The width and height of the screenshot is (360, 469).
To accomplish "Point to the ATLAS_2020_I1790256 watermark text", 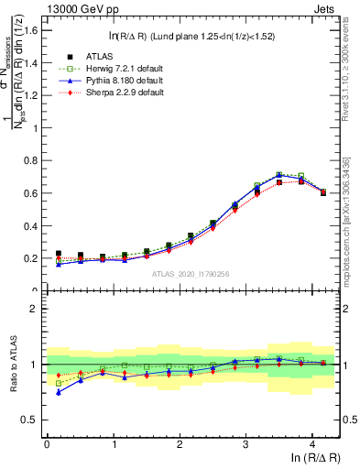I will click(x=190, y=274).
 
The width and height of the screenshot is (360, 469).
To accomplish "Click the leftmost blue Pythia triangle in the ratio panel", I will click(x=59, y=392).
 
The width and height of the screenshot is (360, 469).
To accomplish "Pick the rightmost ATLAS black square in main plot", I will click(x=323, y=192).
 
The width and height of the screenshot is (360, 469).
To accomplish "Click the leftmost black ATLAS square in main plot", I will click(x=59, y=254).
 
